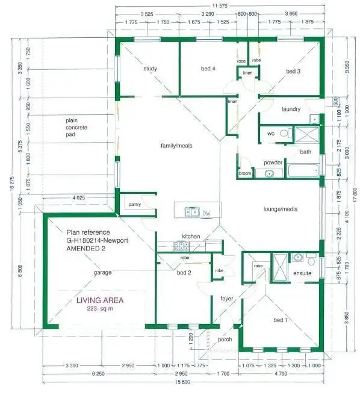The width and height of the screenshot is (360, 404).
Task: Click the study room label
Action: pyautogui.click(x=150, y=69)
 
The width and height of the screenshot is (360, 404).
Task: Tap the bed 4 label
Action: pyautogui.click(x=208, y=69)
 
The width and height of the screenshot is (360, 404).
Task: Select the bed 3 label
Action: pyautogui.click(x=293, y=71)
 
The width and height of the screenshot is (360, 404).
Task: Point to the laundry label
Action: pyautogui.click(x=291, y=109)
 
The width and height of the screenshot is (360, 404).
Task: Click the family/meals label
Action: pyautogui.click(x=176, y=146)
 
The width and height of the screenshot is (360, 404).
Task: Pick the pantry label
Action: pyautogui.click(x=134, y=205)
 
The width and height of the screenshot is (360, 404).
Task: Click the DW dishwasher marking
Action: pyautogui.click(x=206, y=213)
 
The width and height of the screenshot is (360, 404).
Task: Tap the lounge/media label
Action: pyautogui.click(x=281, y=210)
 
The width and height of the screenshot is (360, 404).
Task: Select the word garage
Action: pyautogui.click(x=102, y=272)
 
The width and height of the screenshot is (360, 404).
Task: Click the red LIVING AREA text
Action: pyautogui.click(x=100, y=300)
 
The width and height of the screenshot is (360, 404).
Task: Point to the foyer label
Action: pyautogui.click(x=226, y=299)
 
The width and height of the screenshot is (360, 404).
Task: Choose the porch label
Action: pyautogui.click(x=225, y=340)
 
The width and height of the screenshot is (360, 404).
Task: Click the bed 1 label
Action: pyautogui.click(x=281, y=320)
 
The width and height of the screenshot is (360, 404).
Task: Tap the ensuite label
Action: pyautogui.click(x=302, y=273)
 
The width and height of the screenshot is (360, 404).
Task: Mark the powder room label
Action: pyautogui.click(x=273, y=163)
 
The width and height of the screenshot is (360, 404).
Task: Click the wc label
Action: pyautogui.click(x=270, y=132)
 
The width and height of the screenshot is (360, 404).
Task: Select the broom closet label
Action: pyautogui.click(x=245, y=173)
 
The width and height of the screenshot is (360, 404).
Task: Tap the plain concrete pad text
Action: pyautogui.click(x=76, y=128)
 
